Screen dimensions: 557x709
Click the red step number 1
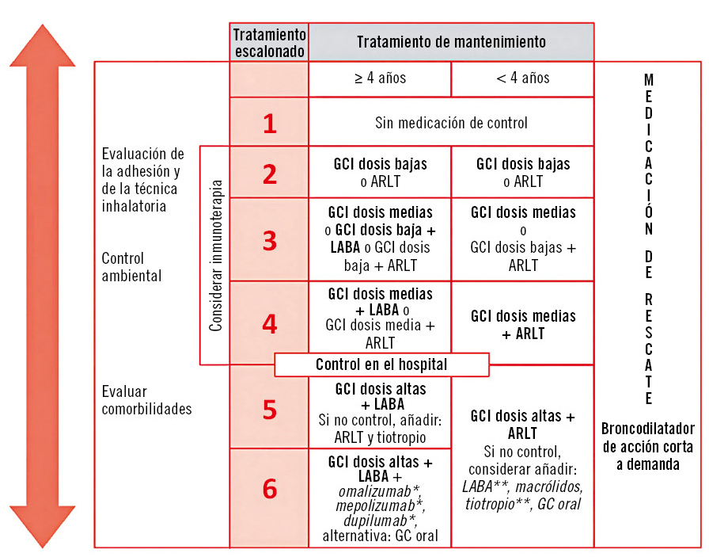(270, 124)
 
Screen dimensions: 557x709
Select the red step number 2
(270, 174)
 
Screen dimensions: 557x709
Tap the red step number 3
(270, 241)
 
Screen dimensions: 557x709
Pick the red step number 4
(270, 324)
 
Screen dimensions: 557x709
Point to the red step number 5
(270, 409)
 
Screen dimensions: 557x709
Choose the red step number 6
(270, 490)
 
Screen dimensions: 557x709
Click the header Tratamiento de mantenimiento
(451, 42)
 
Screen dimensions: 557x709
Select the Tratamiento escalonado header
(269, 42)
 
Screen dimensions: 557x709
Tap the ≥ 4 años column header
(380, 78)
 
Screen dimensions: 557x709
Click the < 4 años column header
(522, 78)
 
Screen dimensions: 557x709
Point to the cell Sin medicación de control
(451, 123)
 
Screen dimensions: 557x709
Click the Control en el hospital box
(381, 365)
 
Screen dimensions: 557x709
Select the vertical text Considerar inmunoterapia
(216, 254)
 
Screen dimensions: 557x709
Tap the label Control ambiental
(131, 267)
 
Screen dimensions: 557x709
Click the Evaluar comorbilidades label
(146, 400)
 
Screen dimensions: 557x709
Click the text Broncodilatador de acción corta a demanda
(647, 446)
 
